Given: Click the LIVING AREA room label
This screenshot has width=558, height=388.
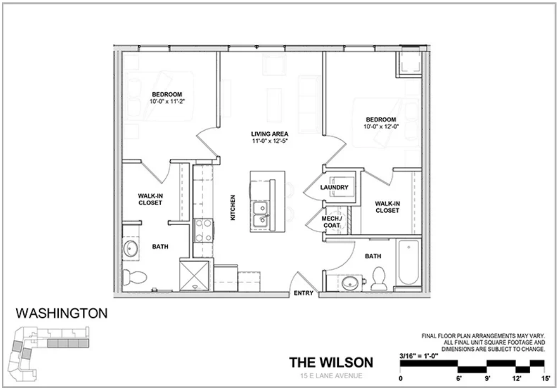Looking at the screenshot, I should coord(269,134).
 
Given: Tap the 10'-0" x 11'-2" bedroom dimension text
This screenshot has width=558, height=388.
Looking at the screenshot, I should coord(167,102).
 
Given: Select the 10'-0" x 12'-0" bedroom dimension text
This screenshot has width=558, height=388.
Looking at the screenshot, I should coord(381,126).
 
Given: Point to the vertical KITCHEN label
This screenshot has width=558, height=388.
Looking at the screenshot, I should coord(233,208).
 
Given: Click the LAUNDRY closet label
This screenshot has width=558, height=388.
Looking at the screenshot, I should coord(334,187).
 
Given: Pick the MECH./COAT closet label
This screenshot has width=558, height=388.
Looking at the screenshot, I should coord(332,222).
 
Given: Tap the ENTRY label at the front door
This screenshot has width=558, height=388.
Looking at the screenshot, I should coord(304,293).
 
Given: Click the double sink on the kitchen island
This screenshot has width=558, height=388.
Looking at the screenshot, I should coord(260,214).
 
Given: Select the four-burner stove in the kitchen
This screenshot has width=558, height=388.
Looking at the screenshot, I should coord(203,230).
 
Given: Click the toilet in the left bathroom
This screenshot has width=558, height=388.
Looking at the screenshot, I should coord(134,277).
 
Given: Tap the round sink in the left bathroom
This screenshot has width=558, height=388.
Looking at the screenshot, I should coord(130,248).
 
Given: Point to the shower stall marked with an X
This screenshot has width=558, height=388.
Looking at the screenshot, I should coord(194,276).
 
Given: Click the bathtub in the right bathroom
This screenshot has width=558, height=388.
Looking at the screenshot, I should coord(409,262).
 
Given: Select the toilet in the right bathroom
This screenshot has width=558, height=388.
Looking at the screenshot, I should coord(379,278).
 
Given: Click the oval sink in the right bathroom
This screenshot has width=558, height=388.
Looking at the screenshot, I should coord(350,283).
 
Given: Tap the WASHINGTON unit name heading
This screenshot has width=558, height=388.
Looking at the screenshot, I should coord(61,313).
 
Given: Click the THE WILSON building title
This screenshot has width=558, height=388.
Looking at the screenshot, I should coord(331,362).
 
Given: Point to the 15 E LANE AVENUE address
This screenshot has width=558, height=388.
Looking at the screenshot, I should coord(331,376).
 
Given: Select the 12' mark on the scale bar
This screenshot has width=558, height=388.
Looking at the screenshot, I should coord(517,378).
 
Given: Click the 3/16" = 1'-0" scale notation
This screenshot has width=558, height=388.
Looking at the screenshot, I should coord(419,356).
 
